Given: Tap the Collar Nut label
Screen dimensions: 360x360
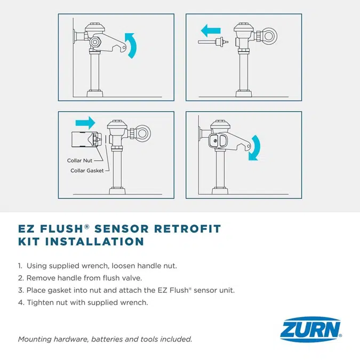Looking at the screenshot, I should click(79, 160).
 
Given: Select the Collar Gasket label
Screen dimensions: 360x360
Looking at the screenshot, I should click(87, 171).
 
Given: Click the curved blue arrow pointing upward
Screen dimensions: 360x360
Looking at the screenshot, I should click(131, 45).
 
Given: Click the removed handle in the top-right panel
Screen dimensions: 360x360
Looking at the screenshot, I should click(212, 42).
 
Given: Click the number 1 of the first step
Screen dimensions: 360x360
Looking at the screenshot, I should click(20, 265).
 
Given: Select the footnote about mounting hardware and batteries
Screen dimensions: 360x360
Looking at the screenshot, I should click(105, 339).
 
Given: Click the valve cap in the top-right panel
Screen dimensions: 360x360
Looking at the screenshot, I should click(243, 27).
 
